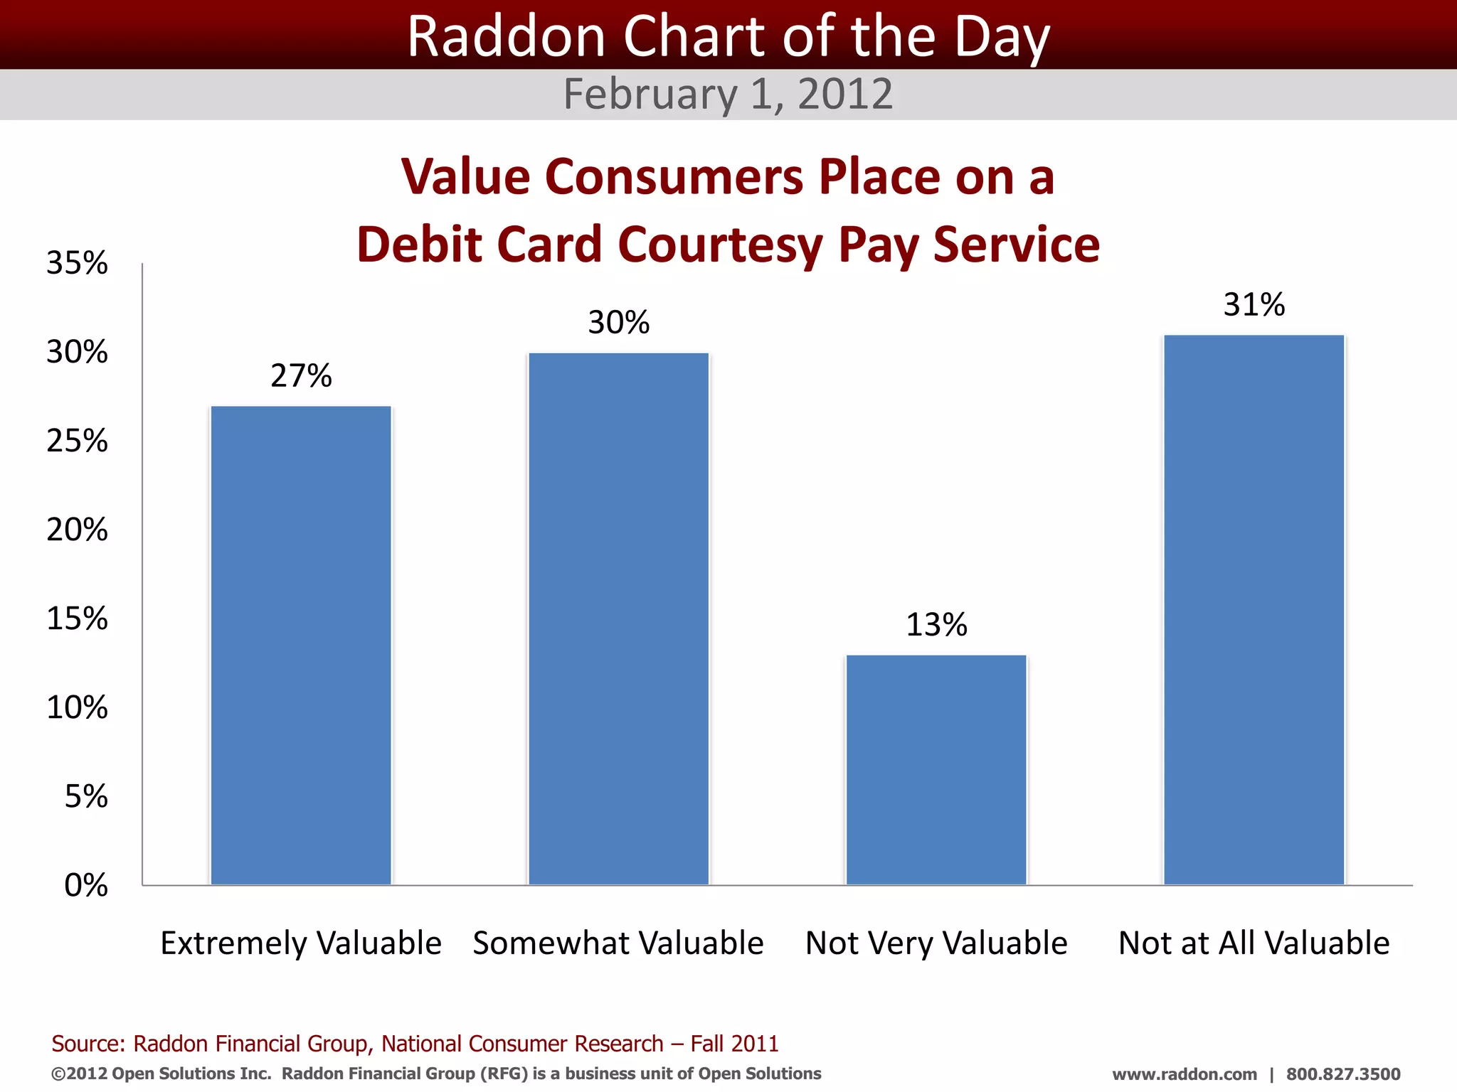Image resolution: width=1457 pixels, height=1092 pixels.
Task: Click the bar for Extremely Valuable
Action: click(301, 646)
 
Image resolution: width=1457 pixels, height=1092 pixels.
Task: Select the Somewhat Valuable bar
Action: click(618, 619)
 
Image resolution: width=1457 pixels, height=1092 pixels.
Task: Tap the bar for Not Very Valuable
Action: click(936, 770)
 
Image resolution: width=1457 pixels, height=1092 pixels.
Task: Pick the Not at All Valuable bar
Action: click(1254, 610)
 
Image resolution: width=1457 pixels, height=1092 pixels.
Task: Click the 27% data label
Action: click(301, 375)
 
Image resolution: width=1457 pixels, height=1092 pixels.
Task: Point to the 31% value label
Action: click(1254, 304)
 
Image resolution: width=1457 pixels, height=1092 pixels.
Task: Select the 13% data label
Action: click(936, 625)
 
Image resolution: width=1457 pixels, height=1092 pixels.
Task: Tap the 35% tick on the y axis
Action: click(77, 263)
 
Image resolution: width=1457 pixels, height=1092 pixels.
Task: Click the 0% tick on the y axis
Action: click(85, 885)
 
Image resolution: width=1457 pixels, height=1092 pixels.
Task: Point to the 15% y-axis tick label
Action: click(77, 619)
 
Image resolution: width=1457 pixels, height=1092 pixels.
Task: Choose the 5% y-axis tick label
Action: click(85, 796)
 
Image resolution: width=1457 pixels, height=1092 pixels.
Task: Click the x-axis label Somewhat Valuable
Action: click(618, 943)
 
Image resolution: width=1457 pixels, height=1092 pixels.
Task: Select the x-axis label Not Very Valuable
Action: click(936, 943)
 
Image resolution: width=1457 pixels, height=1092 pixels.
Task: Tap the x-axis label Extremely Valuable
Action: click(301, 943)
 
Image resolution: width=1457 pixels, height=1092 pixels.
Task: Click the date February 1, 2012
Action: click(728, 94)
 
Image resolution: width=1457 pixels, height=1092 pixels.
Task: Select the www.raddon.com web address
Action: click(1185, 1074)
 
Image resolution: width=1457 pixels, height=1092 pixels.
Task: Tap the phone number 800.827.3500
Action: click(1343, 1074)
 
